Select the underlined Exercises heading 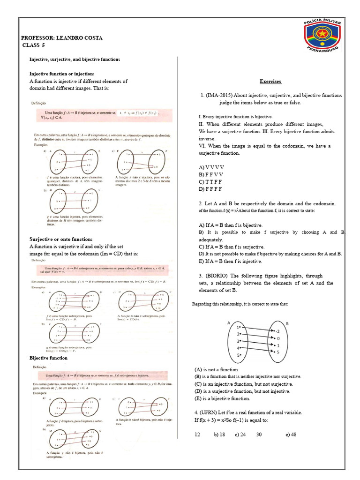click(x=270, y=81)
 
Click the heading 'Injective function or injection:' click(x=62, y=74)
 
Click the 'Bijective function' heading click(x=48, y=358)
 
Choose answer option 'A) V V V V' click(x=211, y=167)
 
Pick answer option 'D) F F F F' click(x=210, y=189)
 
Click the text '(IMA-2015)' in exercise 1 click(x=220, y=95)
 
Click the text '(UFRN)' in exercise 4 click(x=213, y=412)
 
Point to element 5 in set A click(x=239, y=355)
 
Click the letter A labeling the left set click(x=228, y=323)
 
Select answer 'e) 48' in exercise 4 click(x=291, y=435)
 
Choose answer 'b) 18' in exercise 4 click(x=219, y=435)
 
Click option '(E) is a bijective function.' click(x=222, y=398)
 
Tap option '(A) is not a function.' click(x=216, y=369)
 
